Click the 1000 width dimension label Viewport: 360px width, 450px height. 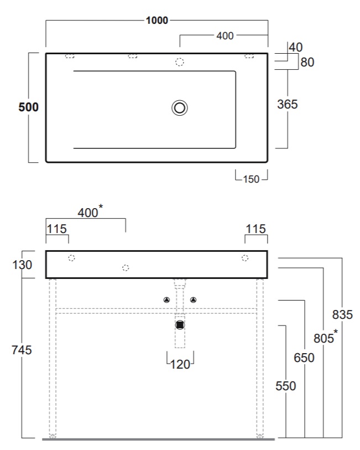(157, 20)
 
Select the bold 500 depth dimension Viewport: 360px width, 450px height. (28, 107)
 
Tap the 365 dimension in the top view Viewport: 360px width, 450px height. (287, 104)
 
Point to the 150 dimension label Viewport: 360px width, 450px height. (251, 179)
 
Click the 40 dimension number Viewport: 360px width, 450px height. (295, 48)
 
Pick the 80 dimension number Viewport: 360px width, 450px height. (307, 63)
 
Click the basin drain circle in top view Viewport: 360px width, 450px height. (180, 108)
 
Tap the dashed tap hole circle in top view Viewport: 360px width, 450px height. (180, 62)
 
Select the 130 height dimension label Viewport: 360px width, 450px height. (22, 265)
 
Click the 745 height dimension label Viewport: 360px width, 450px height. (22, 350)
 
